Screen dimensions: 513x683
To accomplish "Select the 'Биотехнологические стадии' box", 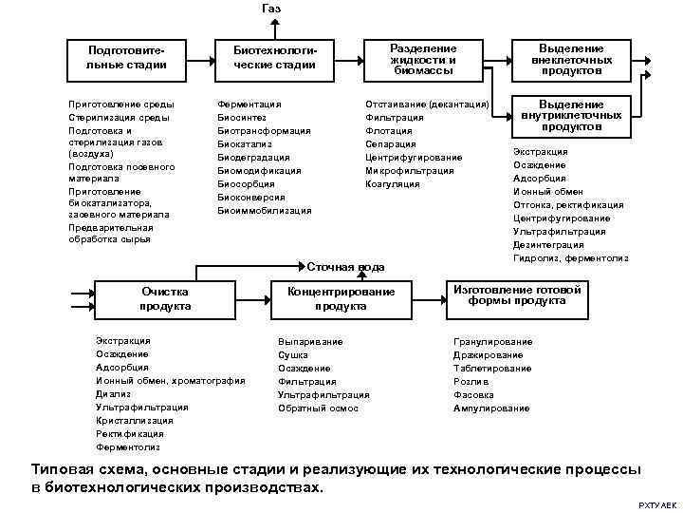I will (x=275, y=57).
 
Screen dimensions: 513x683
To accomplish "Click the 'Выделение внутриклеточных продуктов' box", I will (x=572, y=115).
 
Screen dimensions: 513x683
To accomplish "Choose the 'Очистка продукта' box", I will (x=165, y=298).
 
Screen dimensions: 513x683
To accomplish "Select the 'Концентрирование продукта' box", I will (x=341, y=298).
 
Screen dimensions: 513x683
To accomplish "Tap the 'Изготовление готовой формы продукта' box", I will (x=517, y=295).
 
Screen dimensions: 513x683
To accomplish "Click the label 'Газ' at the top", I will (x=270, y=9).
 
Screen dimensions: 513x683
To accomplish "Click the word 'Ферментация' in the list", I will (x=249, y=103).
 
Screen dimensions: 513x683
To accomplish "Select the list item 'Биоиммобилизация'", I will (x=264, y=210).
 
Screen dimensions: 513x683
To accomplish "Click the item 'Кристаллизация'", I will (x=134, y=420).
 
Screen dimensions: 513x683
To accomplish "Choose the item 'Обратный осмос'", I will (x=318, y=408).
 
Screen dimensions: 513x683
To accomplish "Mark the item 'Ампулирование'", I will (x=491, y=408).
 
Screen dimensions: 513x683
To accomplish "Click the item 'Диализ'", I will (x=113, y=393).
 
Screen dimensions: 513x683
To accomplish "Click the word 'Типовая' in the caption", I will (x=64, y=469).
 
